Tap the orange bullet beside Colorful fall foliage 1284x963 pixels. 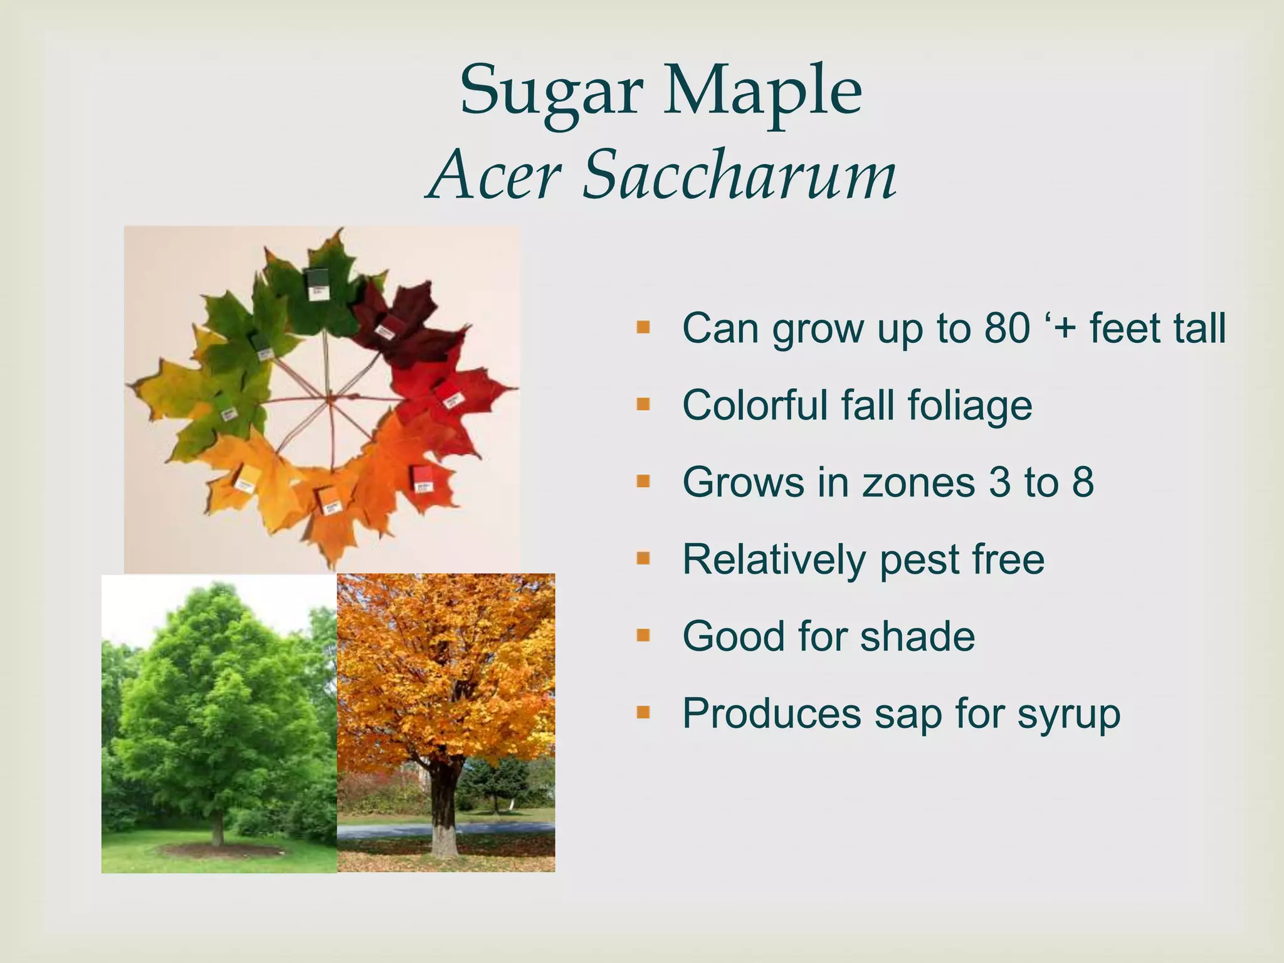pos(643,404)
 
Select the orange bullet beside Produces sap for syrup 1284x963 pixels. pos(643,712)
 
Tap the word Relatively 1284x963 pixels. pos(774,559)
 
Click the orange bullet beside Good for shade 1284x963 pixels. pos(643,636)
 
